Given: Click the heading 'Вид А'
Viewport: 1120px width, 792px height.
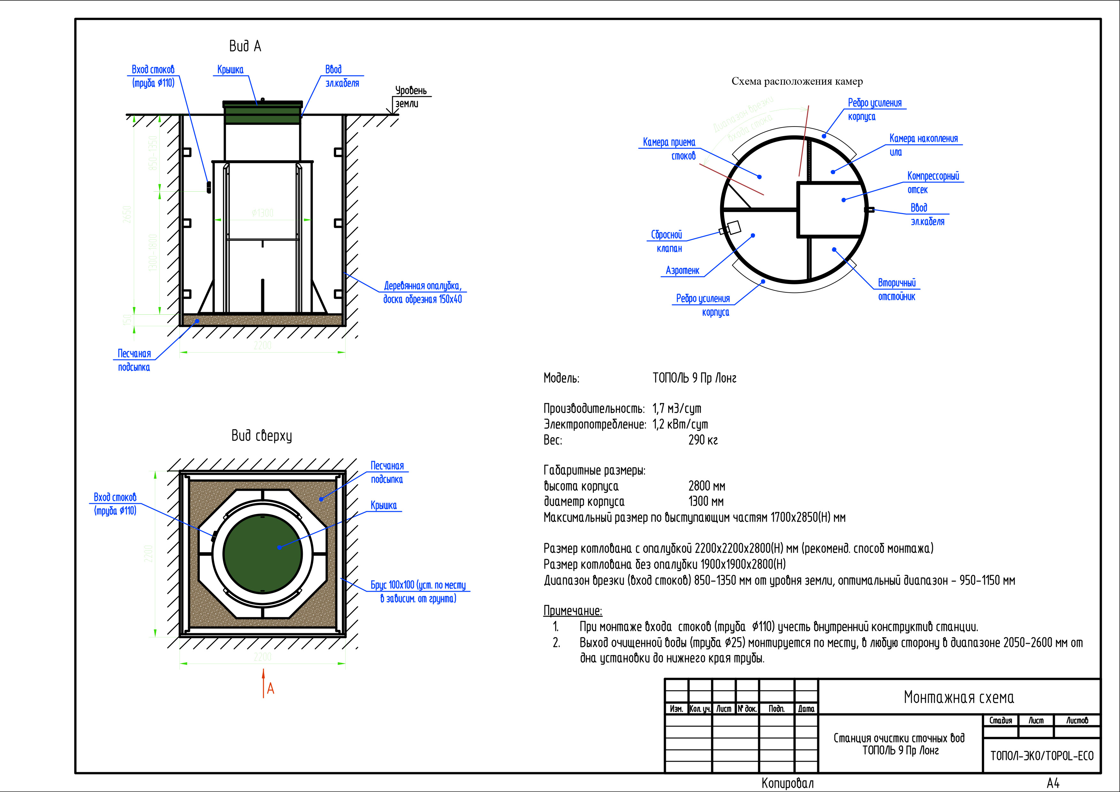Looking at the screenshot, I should pos(245,46).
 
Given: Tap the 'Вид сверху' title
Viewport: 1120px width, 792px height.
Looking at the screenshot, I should pos(262,435).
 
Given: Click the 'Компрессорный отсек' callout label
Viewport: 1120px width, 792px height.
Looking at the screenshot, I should pos(932,182).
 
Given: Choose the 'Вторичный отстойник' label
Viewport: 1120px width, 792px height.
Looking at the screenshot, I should pos(896,289).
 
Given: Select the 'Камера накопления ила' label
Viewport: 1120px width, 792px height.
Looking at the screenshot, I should pos(923,145).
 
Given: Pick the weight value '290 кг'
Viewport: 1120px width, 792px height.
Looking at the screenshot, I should pos(703,440).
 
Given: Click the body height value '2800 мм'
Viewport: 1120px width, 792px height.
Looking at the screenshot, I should pos(706,486).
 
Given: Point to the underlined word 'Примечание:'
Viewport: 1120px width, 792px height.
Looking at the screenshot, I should pos(573,611).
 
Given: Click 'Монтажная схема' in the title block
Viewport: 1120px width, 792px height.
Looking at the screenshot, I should pos(958,697).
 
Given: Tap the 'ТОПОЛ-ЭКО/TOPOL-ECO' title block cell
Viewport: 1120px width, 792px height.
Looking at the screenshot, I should pos(1041,756).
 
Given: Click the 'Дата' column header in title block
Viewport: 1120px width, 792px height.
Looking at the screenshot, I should pos(806,709).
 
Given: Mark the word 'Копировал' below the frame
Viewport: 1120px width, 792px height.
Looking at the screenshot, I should pos(787,783).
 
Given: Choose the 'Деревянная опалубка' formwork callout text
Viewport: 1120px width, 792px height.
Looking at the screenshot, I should pos(423,292).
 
